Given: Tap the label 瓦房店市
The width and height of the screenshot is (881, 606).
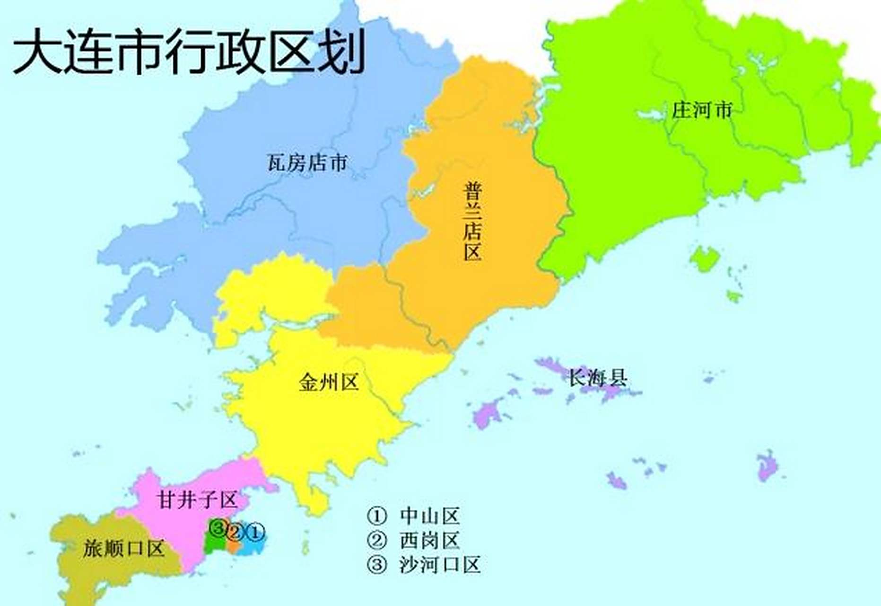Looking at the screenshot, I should coord(307,163).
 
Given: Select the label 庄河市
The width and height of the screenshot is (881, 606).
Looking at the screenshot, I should coord(702,110).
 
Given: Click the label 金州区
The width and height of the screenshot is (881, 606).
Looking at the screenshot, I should coord(329,382).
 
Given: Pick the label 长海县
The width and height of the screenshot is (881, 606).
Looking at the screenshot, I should coord(598,378).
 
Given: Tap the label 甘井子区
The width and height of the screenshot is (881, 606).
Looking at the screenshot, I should coord(197,499).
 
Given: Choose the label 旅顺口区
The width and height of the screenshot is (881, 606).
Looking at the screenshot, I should coord(123,548).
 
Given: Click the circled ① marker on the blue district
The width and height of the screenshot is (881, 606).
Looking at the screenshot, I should coord(255,533).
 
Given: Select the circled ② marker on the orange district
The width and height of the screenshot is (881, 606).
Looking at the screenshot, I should coord(236,533).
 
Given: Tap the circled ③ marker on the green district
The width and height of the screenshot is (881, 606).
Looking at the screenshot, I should coord(218,527).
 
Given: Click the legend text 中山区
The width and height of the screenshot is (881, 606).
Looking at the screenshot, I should coord(429,516).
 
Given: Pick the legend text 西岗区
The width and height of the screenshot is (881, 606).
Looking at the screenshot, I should coord(429,540).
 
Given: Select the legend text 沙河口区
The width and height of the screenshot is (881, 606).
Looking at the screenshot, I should coord(440,565).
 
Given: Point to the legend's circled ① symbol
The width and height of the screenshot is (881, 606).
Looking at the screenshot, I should coord(377,516).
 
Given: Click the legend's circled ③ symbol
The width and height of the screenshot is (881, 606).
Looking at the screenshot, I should coord(377,565).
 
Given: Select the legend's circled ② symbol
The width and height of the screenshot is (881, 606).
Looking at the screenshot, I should coord(377,540).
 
